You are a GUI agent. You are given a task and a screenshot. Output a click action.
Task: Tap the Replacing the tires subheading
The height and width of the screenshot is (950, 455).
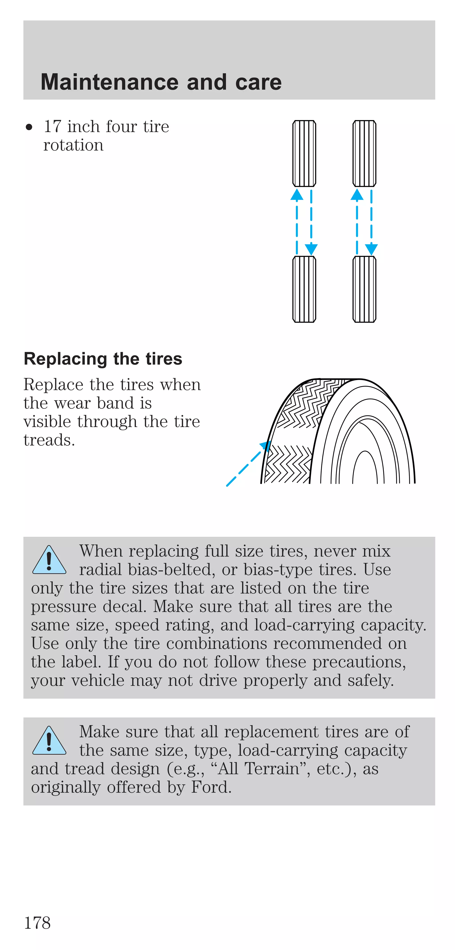103,359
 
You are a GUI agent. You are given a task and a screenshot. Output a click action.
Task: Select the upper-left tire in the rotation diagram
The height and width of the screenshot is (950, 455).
304,153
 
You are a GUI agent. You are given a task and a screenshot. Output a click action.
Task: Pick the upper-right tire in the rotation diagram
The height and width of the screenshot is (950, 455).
364,153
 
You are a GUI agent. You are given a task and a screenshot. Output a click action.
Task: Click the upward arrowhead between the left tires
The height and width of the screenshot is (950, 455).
297,195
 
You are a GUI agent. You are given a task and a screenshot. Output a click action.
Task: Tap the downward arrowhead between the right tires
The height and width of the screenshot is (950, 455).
371,249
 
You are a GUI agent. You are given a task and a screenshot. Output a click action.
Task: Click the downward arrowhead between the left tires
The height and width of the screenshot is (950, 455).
311,249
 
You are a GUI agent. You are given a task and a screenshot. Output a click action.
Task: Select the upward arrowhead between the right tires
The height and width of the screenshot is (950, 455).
357,195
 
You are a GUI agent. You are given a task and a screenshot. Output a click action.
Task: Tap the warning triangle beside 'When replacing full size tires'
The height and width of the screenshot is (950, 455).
49,561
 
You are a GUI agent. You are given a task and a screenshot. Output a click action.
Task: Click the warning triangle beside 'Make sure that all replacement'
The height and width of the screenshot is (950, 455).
49,741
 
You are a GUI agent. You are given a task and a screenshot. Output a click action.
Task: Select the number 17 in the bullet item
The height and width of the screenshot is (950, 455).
52,127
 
